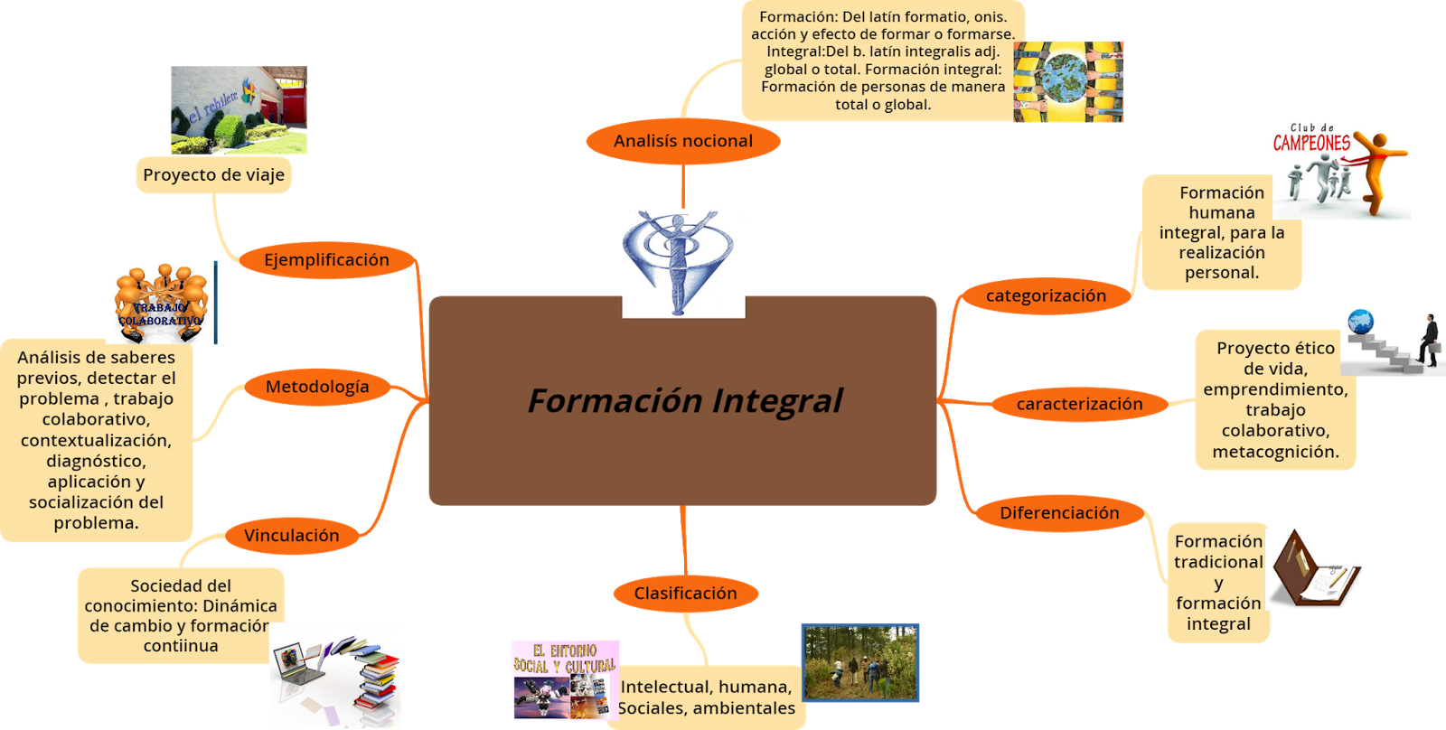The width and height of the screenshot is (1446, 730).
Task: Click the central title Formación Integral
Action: coord(684,400)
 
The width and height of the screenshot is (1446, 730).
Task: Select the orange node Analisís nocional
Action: coord(682,141)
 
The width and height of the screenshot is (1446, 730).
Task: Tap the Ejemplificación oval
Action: coord(326,260)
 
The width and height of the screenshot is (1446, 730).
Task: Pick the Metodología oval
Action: coord(316,387)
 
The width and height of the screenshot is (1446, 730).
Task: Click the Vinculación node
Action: coord(291,536)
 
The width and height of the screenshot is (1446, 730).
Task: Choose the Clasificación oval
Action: coord(685,594)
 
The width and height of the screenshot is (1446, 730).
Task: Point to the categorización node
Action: coord(1046,295)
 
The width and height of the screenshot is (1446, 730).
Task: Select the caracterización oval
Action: coord(1079,404)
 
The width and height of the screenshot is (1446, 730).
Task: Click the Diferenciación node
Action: coord(1058,513)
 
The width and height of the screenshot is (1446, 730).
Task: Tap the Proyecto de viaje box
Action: coord(213,175)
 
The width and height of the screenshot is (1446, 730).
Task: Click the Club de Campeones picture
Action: coord(1341,170)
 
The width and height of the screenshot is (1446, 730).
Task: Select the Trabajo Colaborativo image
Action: coord(161,303)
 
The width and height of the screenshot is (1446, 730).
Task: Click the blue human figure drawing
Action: coord(683,263)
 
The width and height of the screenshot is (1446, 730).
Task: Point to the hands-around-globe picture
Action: coord(1067,81)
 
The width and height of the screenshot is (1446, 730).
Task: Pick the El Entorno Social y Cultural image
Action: coord(564,679)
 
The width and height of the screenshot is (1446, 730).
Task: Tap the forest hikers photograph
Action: coord(859,662)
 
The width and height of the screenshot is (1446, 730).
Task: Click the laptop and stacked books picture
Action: coord(336,676)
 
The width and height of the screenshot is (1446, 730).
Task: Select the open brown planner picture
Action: coord(1317,569)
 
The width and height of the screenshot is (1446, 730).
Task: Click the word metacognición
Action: coord(1275,452)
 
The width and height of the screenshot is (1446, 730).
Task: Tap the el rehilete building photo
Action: coord(239,110)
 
